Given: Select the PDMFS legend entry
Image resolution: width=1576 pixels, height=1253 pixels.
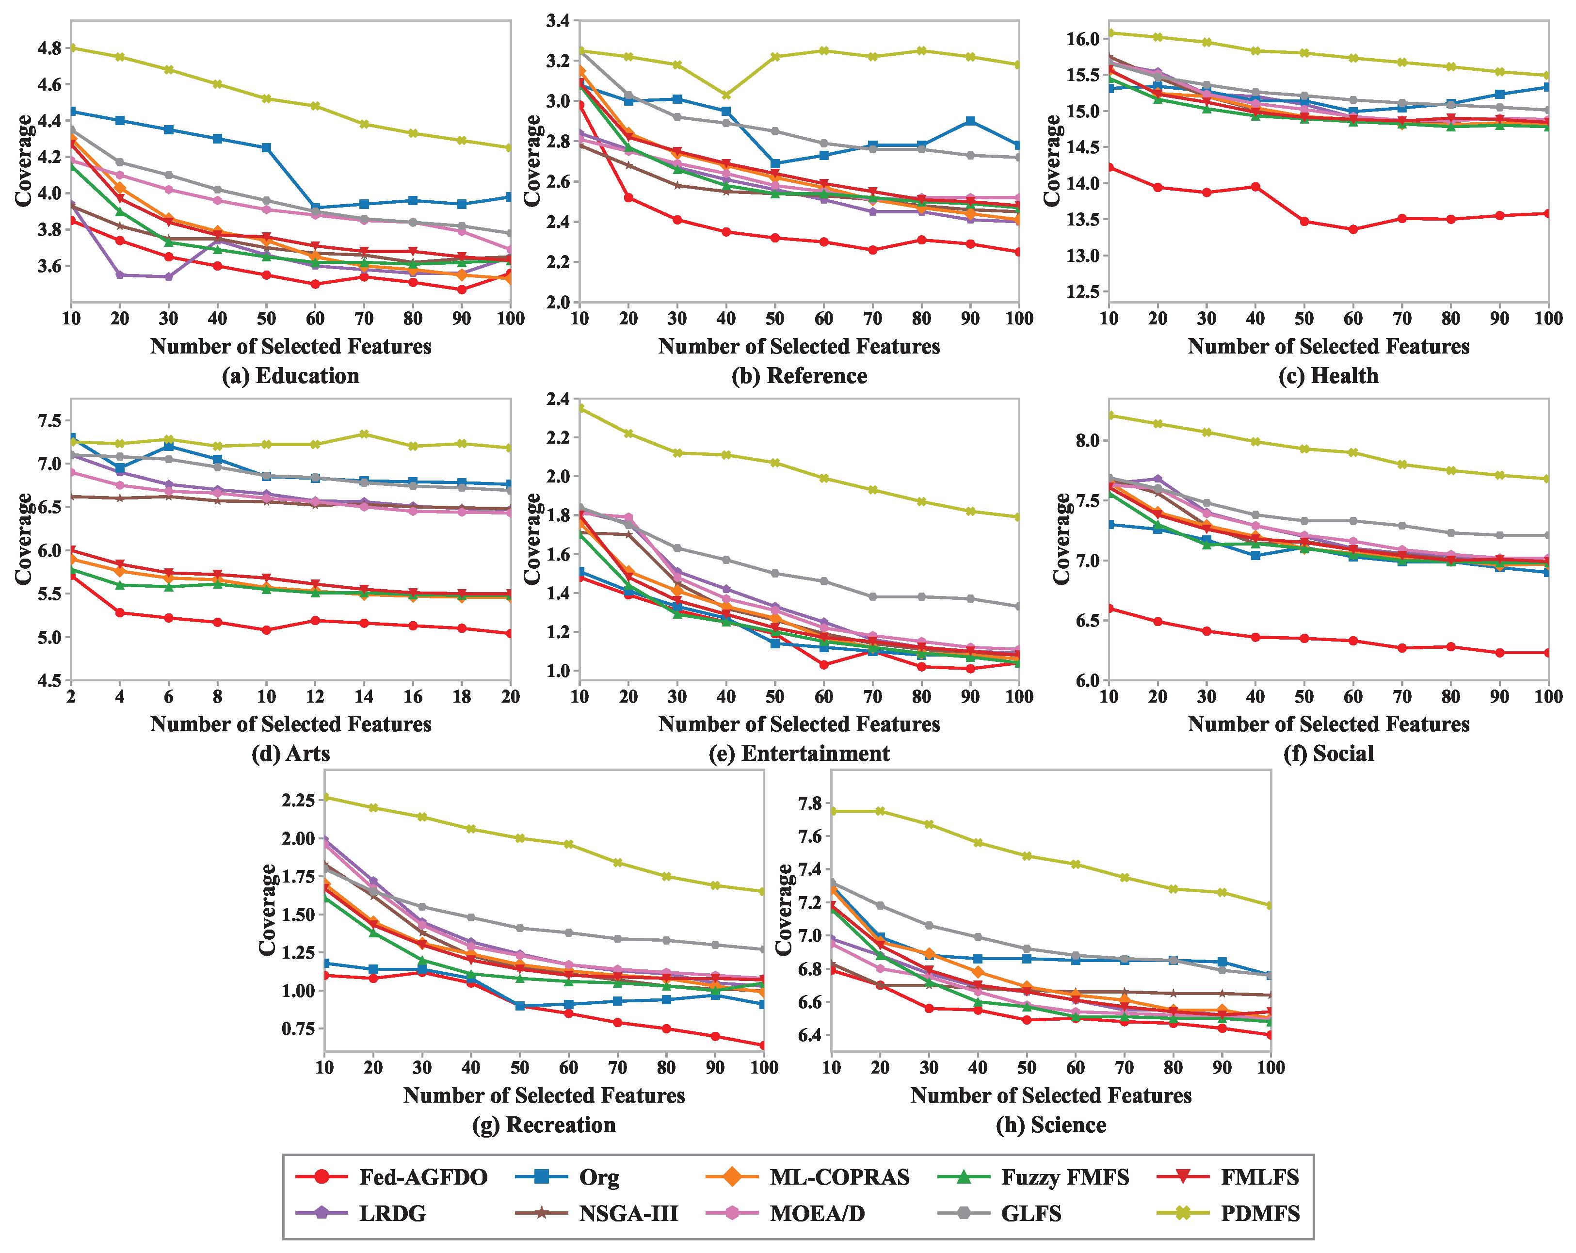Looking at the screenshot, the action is point(1228,1214).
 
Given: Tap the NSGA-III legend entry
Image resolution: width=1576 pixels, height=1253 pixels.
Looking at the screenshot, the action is point(596,1214).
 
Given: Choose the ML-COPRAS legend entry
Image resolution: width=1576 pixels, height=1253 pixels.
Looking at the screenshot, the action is point(808,1177).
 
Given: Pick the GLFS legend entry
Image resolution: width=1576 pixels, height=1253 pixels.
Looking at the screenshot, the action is point(999,1214).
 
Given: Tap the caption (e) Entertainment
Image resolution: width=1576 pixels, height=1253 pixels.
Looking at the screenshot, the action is point(799,753).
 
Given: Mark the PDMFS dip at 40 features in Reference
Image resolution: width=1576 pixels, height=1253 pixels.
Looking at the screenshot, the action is point(726,95).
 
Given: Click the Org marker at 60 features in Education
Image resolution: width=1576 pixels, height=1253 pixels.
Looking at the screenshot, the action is point(315,208).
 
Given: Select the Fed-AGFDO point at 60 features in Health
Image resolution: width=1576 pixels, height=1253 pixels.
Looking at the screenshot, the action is point(1353,229).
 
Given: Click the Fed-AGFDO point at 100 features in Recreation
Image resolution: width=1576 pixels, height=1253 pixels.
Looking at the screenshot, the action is point(764,1045).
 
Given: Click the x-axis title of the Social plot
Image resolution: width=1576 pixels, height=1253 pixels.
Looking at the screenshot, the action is point(1328,724).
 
